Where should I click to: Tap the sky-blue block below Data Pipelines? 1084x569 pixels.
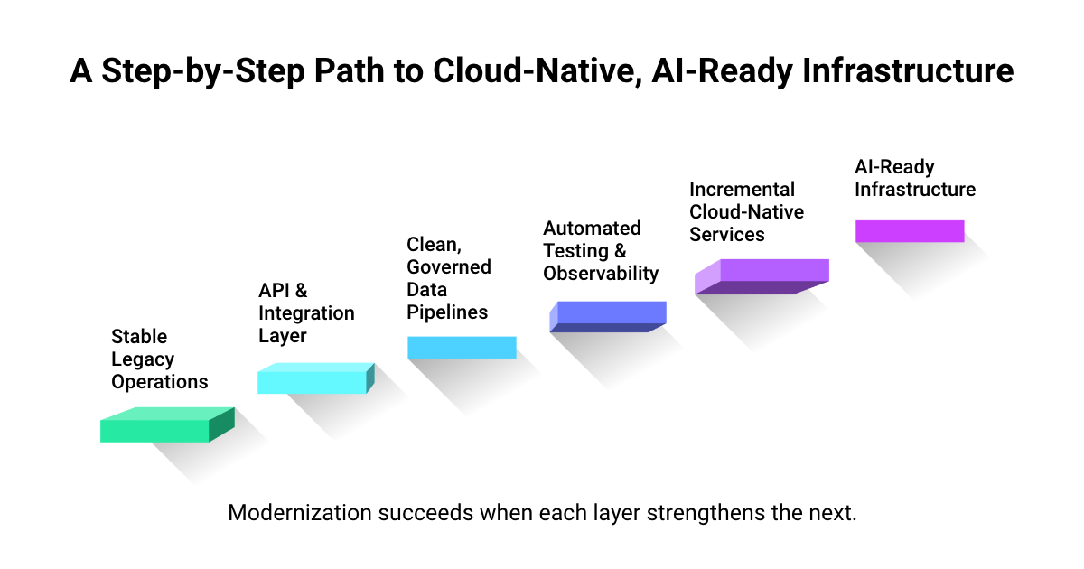point(462,348)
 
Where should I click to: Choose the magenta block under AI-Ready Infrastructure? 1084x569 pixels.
point(910,231)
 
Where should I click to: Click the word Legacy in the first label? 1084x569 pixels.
point(143,359)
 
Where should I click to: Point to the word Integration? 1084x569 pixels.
point(306,313)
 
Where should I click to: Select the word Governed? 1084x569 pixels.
point(449,266)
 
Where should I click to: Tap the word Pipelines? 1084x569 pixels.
point(447,312)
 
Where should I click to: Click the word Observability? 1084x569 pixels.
point(601,273)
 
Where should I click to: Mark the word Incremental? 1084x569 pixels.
point(742,190)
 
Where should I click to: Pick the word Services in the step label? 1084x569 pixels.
point(726,235)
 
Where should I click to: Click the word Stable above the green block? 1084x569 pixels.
point(139,336)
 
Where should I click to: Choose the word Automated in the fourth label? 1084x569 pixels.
point(592,228)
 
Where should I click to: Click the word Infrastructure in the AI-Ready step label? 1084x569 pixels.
point(915,190)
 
